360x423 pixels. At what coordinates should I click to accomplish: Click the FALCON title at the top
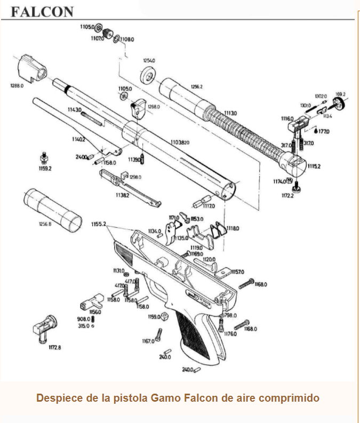[42, 11]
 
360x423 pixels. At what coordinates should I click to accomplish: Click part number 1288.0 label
[17, 85]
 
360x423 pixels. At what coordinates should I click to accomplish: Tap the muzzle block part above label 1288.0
[32, 68]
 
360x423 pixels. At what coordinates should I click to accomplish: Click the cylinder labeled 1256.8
[53, 209]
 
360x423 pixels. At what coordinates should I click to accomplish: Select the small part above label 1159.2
[44, 157]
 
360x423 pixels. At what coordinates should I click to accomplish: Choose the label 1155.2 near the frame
[99, 224]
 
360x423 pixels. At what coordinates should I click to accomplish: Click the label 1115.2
[314, 166]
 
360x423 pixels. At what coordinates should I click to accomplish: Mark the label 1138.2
[122, 196]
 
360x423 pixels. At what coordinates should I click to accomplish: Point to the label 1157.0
[237, 272]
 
